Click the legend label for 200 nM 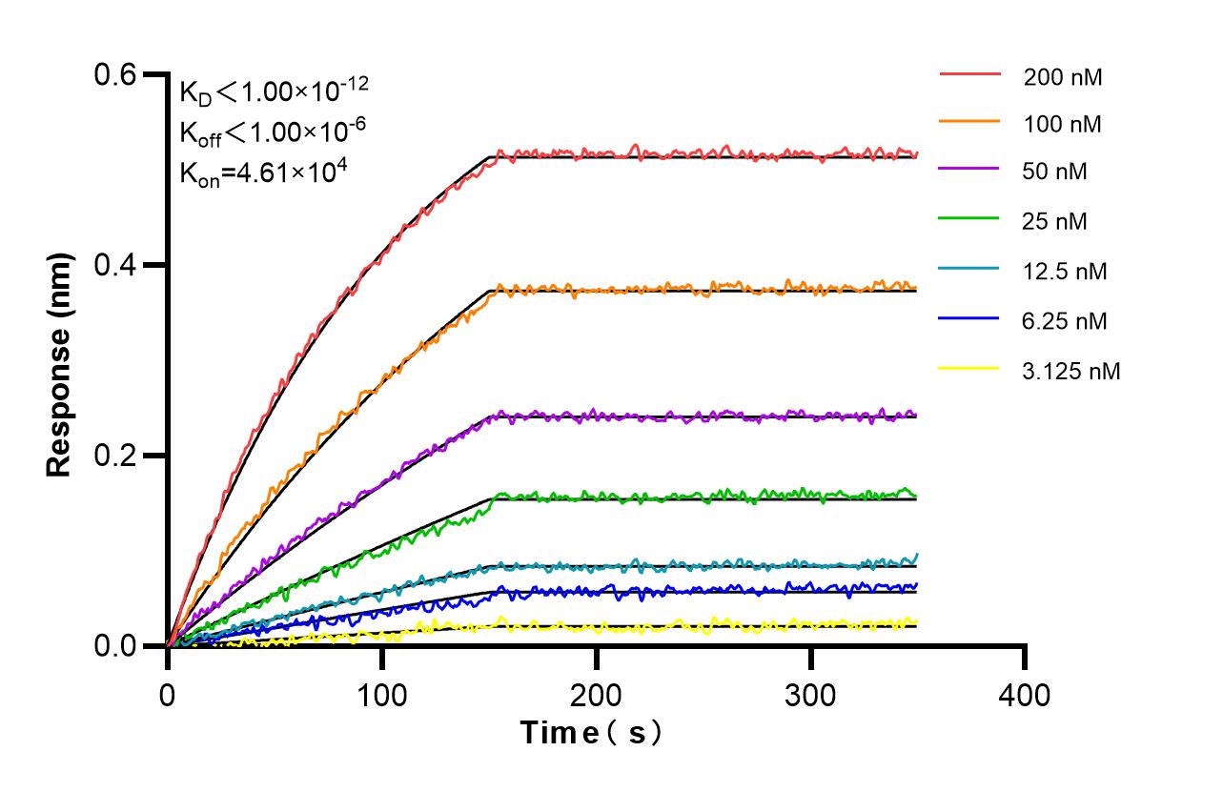pos(1063,77)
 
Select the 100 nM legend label pos(1063,124)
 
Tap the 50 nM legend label pos(1055,173)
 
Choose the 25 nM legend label pos(1055,222)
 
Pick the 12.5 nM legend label pos(1066,272)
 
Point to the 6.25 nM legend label pos(1066,321)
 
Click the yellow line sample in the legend pos(969,368)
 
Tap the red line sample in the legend pos(969,73)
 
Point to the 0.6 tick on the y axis pos(119,74)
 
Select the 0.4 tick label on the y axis pos(119,265)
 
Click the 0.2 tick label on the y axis pos(119,456)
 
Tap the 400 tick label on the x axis pos(1025,695)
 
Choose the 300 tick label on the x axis pos(810,695)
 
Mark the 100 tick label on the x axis pos(381,695)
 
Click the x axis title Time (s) pos(591,733)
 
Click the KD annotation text pos(274,91)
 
